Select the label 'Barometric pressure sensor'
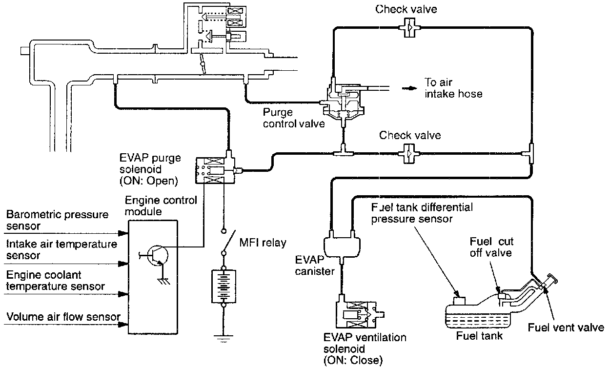pyautogui.click(x=57, y=221)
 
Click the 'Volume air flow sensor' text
pyautogui.click(x=63, y=317)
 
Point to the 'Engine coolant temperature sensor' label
pyautogui.click(x=56, y=281)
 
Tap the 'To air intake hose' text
pyautogui.click(x=453, y=88)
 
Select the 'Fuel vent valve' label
pyautogui.click(x=566, y=327)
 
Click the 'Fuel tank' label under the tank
pyautogui.click(x=479, y=336)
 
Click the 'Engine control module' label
pyautogui.click(x=161, y=205)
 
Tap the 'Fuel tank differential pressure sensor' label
pyautogui.click(x=422, y=212)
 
